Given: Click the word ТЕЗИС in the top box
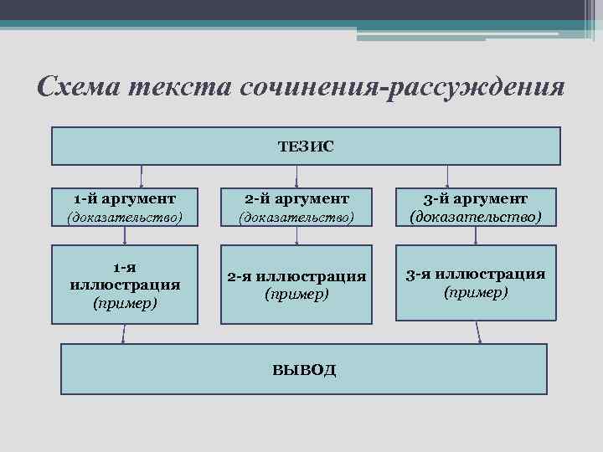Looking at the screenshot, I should coord(306,146).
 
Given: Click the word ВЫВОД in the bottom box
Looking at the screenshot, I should coord(304,369).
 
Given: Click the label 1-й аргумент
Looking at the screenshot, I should coord(124,198).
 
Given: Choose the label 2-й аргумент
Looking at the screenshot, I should coord(297,198).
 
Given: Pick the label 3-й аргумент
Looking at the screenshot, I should coord(476,198).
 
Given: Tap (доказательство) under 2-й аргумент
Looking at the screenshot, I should coord(297,218).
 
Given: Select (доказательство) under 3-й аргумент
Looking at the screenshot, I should coord(476,218).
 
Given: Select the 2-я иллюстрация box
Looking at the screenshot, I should coord(296,284).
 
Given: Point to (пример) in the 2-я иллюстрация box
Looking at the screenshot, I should coord(296,294).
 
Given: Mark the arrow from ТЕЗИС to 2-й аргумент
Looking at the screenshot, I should coord(299,175).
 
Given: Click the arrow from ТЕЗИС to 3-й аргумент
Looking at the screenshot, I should coord(448,175).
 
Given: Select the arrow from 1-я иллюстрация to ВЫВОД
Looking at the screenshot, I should coord(124,333).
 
